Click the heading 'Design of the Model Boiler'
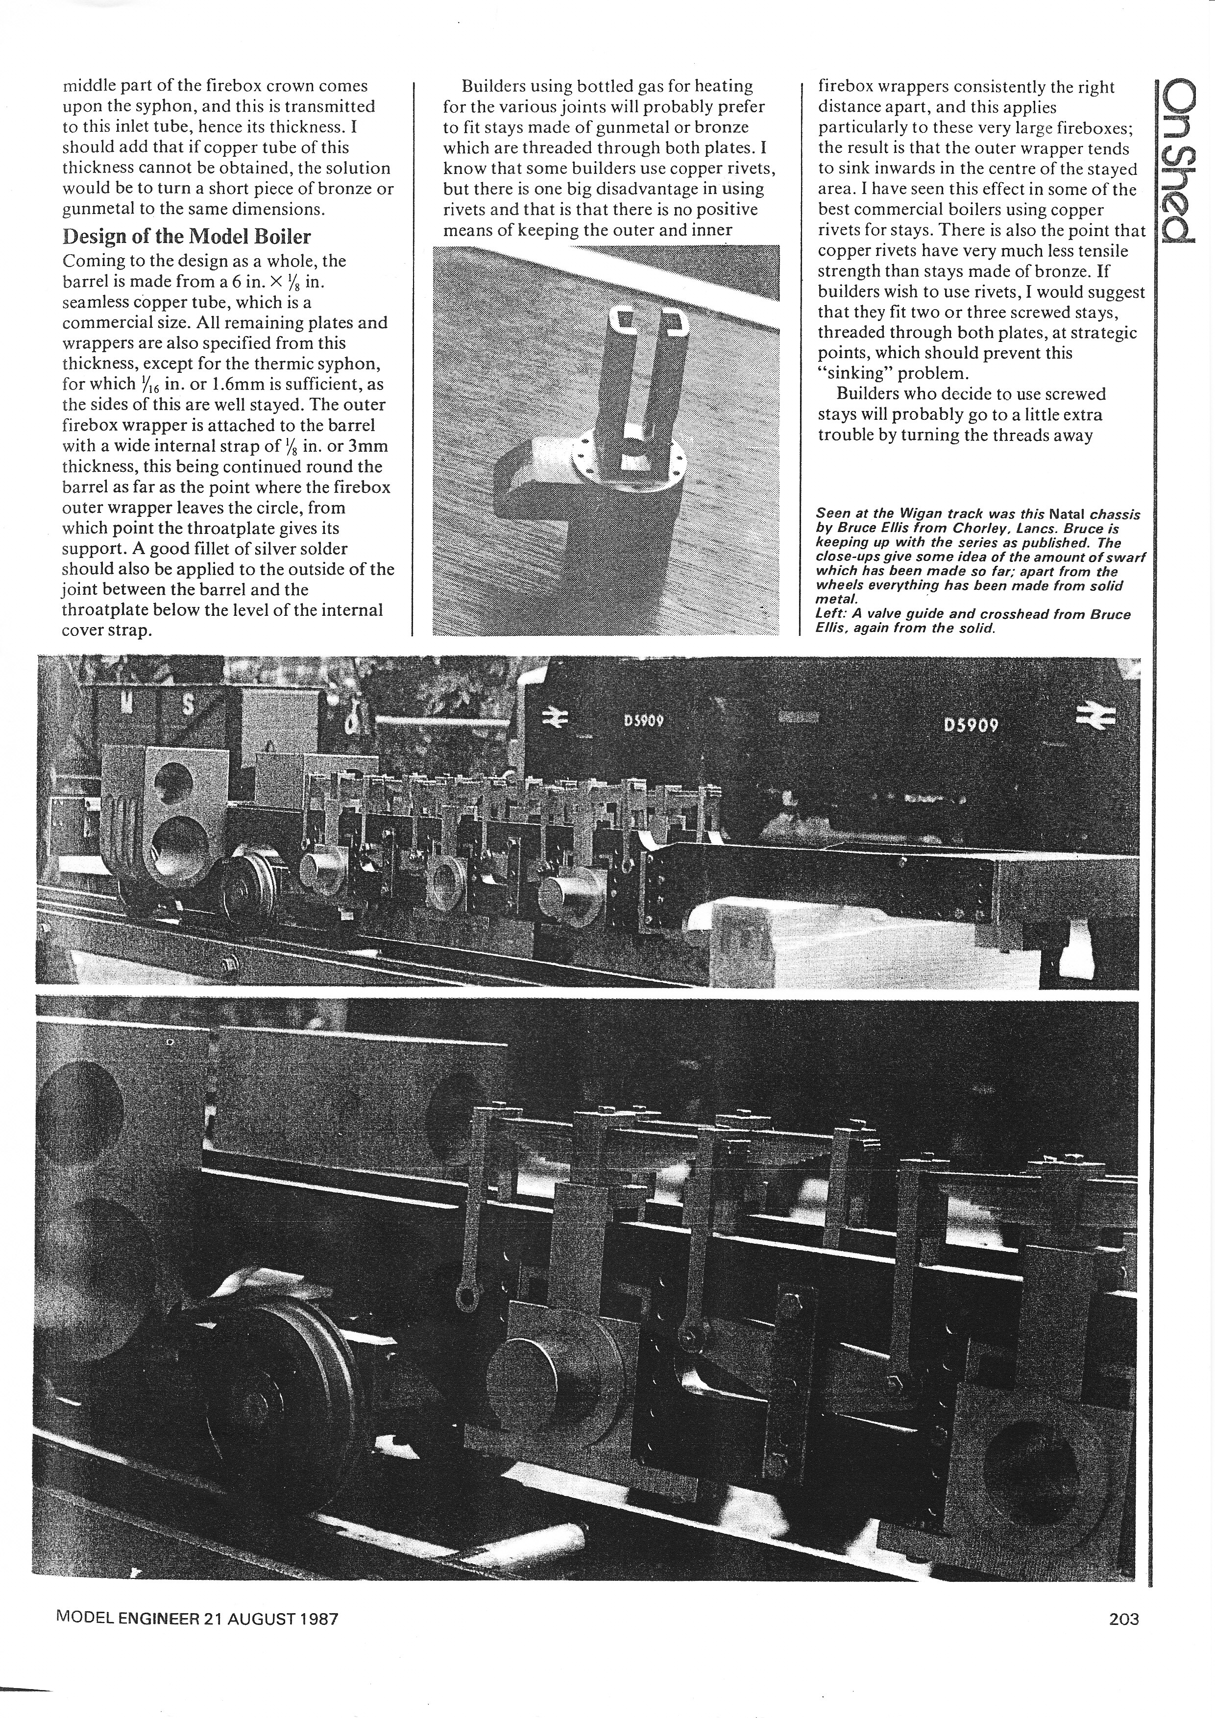[186, 237]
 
